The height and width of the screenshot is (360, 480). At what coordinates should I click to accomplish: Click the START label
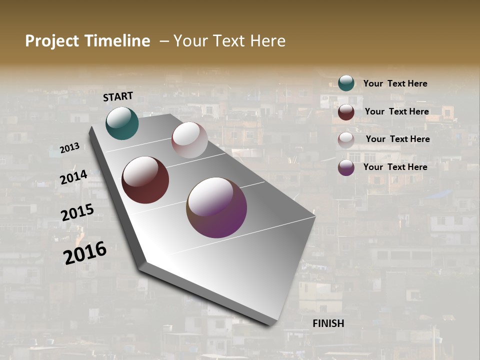coord(118,96)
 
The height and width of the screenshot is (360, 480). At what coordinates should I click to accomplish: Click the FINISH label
coord(328,323)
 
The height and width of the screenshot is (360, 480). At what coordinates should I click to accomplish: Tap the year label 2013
coord(69,148)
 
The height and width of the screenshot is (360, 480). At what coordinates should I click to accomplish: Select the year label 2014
coord(73,177)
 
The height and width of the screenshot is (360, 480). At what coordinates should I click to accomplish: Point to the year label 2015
coord(77,212)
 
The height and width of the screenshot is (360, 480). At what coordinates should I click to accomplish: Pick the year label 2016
coord(85,252)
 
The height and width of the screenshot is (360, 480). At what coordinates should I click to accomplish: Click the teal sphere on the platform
coord(122,123)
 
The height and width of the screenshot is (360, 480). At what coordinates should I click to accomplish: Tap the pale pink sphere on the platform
coord(189,140)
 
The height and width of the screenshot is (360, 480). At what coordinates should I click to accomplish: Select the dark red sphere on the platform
coord(145,180)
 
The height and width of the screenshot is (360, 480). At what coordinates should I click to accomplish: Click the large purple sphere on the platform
coord(216,207)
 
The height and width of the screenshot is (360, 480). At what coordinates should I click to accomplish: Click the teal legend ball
coord(346,83)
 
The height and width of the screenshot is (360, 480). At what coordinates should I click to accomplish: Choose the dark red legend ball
coord(346,112)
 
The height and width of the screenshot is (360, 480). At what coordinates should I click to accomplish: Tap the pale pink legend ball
coord(346,140)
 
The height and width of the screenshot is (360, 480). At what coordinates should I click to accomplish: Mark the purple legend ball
coord(346,167)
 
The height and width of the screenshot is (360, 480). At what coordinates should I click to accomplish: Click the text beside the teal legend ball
coord(395,83)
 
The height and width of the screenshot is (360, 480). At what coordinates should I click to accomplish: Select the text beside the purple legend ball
coord(395,167)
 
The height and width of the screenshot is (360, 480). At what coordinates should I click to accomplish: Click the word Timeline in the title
coord(118,41)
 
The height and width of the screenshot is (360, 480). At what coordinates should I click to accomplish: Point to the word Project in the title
coord(51,41)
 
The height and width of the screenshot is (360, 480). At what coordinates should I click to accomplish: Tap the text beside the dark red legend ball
coord(396,111)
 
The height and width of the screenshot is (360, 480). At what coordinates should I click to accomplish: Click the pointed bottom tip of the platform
coord(270,324)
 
